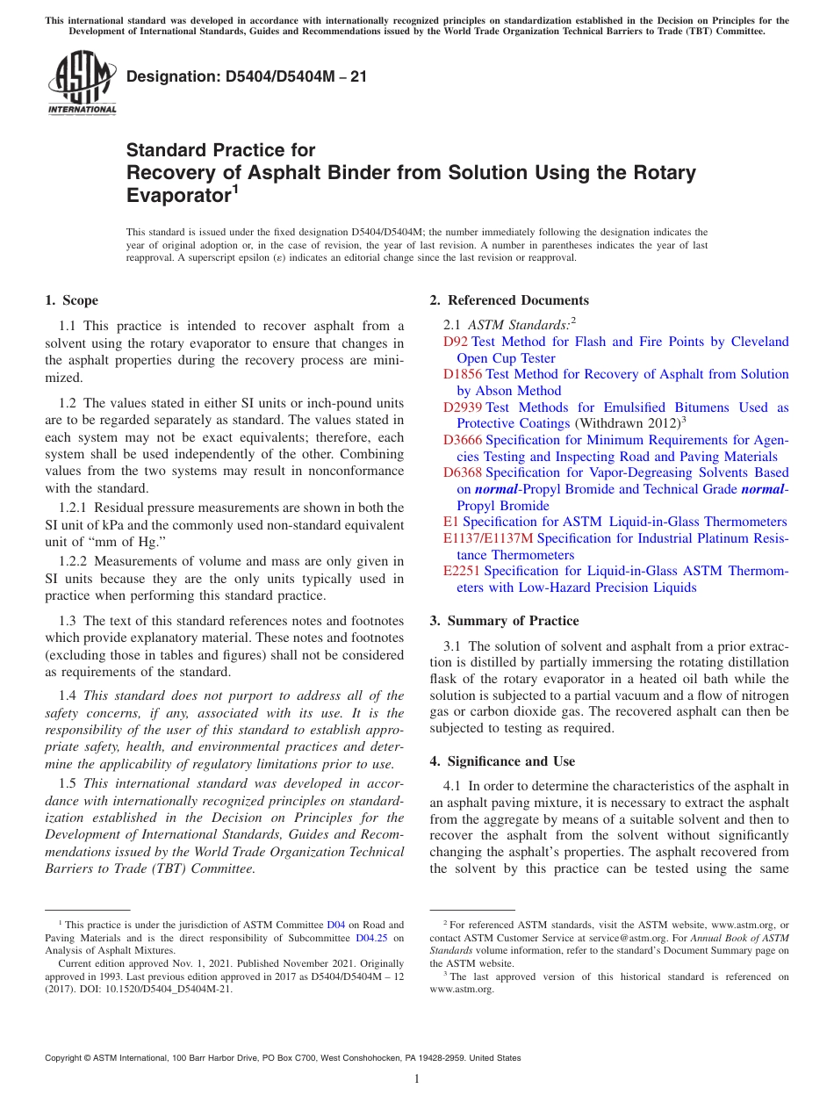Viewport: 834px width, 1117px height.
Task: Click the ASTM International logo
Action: tap(82, 83)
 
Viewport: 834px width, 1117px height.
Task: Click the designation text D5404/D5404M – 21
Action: tap(247, 76)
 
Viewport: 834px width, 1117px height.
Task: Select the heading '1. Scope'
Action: tap(71, 300)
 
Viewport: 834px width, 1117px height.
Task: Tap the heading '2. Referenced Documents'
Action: tap(509, 300)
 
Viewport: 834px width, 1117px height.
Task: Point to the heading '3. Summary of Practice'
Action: tap(504, 621)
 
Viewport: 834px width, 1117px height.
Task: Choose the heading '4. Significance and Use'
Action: tap(511, 761)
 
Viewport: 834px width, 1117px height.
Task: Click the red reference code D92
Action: tap(455, 342)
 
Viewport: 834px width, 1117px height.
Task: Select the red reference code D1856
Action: tap(462, 374)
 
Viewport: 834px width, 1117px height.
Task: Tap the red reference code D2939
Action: tap(462, 407)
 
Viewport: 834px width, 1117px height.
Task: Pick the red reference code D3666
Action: tap(462, 440)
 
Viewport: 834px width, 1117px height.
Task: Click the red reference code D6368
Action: tap(462, 472)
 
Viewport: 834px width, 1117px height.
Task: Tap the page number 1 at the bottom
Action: tap(417, 1079)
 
